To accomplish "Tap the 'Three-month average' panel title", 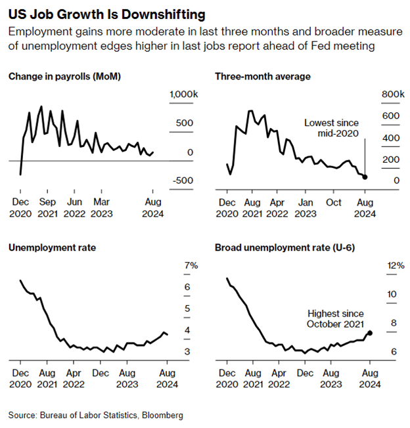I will pyautogui.click(x=263, y=77).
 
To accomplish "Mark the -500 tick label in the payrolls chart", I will pyautogui.click(x=183, y=181).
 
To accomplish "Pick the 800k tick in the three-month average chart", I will pyautogui.click(x=393, y=95).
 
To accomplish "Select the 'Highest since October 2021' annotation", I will pyautogui.click(x=334, y=319).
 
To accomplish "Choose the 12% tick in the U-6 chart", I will pyautogui.click(x=396, y=265).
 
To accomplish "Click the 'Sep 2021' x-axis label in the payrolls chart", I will pyautogui.click(x=47, y=207).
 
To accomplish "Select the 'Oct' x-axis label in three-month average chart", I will pyautogui.click(x=334, y=202).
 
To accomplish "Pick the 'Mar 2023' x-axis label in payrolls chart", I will pyautogui.click(x=101, y=207).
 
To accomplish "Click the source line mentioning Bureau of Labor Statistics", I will pyautogui.click(x=96, y=415).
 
